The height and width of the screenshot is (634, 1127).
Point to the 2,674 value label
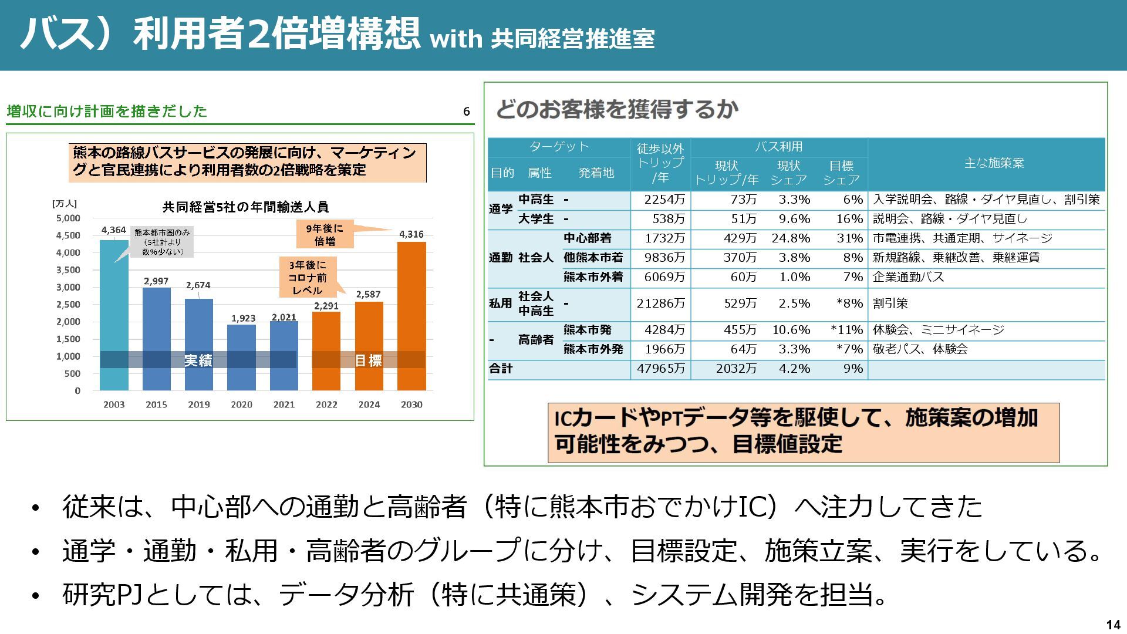[198, 285]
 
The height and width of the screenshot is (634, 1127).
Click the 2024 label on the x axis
[369, 404]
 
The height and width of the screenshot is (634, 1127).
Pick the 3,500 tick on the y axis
[68, 270]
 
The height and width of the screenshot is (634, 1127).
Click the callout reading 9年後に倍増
[325, 235]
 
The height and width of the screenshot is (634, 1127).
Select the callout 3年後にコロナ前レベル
[308, 278]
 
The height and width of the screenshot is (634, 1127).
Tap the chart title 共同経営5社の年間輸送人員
[245, 207]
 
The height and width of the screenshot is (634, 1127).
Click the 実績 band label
[198, 360]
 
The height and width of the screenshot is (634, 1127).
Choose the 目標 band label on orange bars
[368, 360]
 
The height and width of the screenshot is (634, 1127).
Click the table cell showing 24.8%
[791, 238]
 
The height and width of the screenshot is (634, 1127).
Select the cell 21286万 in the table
[661, 303]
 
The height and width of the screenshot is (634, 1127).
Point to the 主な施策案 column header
[994, 163]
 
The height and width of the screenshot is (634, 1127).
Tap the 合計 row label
[501, 369]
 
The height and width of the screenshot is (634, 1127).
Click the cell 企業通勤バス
[908, 277]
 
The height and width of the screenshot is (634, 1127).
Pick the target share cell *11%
[846, 330]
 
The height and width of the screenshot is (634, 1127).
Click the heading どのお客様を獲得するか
[618, 109]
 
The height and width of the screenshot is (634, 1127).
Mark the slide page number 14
[1113, 625]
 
